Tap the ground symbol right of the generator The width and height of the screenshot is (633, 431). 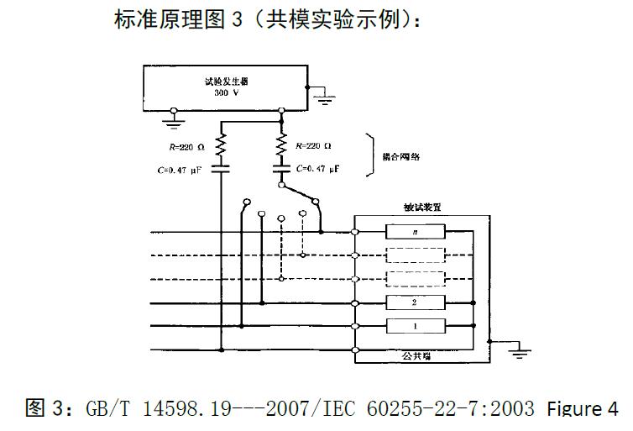tap(323, 99)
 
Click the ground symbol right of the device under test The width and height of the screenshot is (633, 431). tap(520, 351)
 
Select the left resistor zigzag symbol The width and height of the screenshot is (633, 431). tap(222, 146)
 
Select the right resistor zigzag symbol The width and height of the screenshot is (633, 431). tap(280, 146)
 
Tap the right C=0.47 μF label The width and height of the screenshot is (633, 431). tap(318, 169)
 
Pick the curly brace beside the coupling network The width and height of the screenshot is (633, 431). tap(370, 155)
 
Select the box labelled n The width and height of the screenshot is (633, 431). tap(414, 232)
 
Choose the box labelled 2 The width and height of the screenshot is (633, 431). tap(414, 302)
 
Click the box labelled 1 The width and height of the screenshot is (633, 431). tap(414, 326)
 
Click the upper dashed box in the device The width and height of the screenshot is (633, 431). tap(414, 255)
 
